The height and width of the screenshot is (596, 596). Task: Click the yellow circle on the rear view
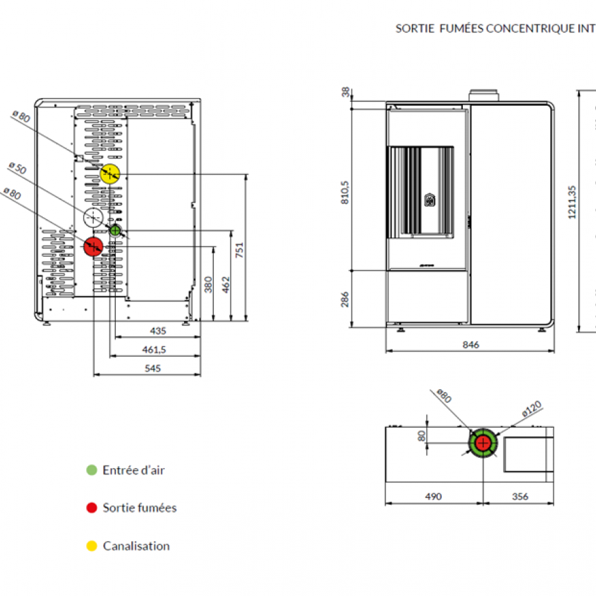pos(110,174)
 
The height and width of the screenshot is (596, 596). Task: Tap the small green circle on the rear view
pos(116,230)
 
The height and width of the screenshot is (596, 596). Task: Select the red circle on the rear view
pos(93,247)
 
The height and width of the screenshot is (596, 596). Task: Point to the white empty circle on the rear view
pos(93,217)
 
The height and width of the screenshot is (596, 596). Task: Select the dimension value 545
pos(153,368)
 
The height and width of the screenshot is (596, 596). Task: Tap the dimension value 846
pos(470,344)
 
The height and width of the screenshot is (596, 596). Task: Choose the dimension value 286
pos(344,299)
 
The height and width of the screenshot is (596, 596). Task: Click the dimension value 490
pos(433,496)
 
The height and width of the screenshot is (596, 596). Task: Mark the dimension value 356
pos(521,496)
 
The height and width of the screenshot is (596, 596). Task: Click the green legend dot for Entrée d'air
pos(92,470)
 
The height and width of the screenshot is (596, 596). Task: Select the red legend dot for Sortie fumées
pos(92,508)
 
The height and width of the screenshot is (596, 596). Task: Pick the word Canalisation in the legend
pos(136,546)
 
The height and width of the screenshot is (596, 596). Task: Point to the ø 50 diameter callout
pos(17,168)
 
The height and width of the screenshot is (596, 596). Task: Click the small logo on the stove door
pos(429,199)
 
